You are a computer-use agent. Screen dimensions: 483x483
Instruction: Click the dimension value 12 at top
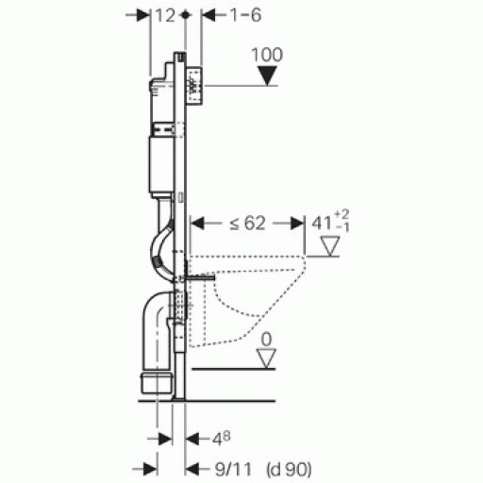[165, 15]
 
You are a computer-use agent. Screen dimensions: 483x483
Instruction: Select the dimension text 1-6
[246, 15]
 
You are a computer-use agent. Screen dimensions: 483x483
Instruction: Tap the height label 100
[267, 55]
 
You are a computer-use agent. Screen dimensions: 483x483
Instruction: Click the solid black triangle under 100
[267, 75]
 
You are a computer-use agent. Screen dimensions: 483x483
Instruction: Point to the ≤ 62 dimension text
[247, 224]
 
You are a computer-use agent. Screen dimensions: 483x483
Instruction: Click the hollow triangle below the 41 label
[330, 246]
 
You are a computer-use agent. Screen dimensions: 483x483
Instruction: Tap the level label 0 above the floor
[266, 340]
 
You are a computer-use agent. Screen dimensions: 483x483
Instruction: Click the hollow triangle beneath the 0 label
[266, 358]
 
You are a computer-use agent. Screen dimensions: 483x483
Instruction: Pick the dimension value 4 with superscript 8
[222, 439]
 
